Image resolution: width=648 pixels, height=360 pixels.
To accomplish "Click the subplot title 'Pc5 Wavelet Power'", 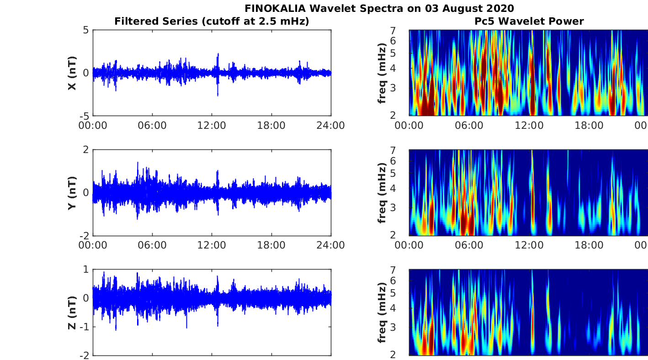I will [x=529, y=21].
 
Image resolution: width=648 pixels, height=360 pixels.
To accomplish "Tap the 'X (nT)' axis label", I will [x=72, y=73].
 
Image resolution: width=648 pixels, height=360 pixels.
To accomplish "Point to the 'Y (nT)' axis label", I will [x=72, y=193].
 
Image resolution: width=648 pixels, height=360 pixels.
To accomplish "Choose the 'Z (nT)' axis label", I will [x=72, y=312].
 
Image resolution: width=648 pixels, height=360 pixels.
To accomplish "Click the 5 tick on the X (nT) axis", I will [x=86, y=31].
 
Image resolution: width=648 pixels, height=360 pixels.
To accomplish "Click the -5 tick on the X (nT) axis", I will [x=84, y=116].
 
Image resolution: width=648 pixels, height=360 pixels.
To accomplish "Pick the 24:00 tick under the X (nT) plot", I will [x=330, y=125].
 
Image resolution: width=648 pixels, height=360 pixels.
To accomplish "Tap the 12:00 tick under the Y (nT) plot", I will [x=212, y=245].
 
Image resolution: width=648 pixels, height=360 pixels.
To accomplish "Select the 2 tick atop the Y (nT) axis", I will [x=86, y=150].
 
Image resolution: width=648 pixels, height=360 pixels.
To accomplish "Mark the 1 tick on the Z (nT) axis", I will [x=86, y=270].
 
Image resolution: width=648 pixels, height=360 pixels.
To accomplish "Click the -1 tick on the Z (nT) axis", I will [x=84, y=327].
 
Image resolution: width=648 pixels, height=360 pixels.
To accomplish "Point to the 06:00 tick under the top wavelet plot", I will [x=468, y=125].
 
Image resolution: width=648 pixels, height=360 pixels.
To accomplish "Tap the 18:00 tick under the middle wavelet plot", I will [x=589, y=245].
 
